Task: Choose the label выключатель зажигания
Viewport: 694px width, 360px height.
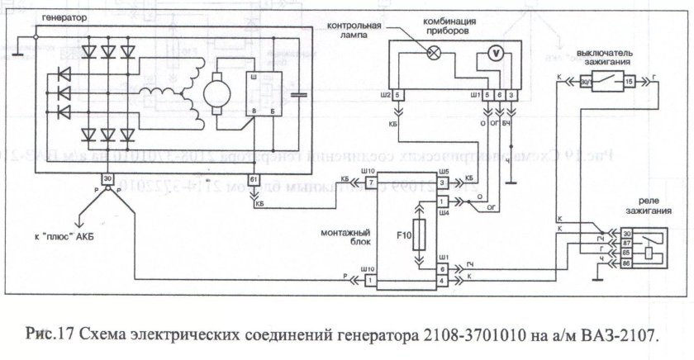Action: [x=606, y=56]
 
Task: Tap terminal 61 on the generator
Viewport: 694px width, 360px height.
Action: [x=254, y=179]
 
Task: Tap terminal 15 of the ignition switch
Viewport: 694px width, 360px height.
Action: [x=629, y=82]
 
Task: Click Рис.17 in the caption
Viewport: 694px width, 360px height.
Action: [x=53, y=335]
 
